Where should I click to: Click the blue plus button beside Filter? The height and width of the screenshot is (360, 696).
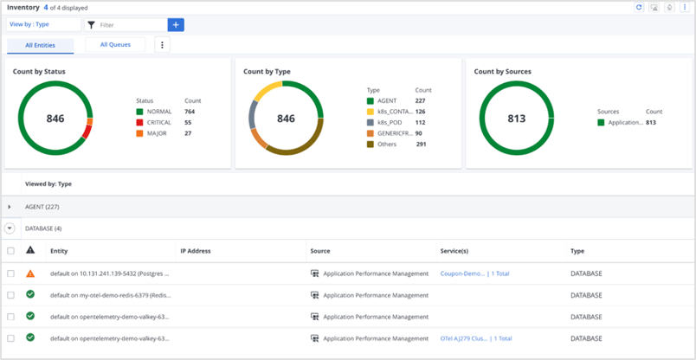click(x=176, y=25)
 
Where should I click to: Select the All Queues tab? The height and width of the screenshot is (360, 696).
click(x=115, y=44)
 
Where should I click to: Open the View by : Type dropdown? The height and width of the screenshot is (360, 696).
click(x=43, y=25)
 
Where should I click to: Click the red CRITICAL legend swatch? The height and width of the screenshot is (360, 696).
click(x=139, y=123)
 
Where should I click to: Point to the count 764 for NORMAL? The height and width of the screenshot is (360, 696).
click(x=190, y=112)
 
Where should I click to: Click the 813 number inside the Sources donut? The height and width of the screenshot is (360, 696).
click(x=517, y=119)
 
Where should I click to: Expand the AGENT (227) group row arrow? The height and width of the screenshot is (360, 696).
click(x=10, y=207)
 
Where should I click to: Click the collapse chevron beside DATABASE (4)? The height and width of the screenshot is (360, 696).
click(x=10, y=228)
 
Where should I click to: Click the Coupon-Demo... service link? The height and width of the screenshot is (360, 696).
click(x=462, y=273)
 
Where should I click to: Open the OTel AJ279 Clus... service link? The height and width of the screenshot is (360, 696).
click(x=462, y=338)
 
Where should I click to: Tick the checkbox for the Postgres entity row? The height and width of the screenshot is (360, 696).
click(x=10, y=273)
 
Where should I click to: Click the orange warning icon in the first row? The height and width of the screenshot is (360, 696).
click(x=30, y=273)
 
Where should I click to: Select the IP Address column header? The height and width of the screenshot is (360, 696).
click(x=196, y=251)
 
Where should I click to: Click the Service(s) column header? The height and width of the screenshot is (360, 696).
click(x=454, y=251)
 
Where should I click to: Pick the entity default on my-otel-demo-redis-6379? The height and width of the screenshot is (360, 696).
click(x=110, y=295)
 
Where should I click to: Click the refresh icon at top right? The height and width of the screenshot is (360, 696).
click(x=639, y=7)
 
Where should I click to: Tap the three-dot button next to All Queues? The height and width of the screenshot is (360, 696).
click(x=162, y=45)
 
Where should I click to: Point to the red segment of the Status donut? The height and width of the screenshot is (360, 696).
click(x=85, y=132)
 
